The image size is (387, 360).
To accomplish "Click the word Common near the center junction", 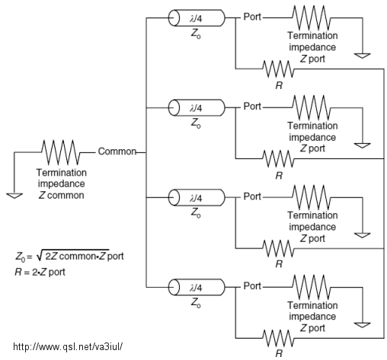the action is (117, 151).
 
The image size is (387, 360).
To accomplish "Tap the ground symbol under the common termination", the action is (14, 196).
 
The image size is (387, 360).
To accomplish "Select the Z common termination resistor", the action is (61, 152).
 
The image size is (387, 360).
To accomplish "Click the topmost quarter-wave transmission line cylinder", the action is (197, 18).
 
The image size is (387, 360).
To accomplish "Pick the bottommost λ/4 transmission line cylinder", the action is (197, 287).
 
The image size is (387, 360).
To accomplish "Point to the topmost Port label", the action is (252, 17).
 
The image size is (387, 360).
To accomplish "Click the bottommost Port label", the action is (252, 286).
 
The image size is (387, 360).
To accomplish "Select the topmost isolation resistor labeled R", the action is (278, 68).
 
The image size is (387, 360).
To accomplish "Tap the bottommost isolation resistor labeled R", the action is (278, 338).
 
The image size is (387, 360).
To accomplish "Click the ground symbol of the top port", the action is (363, 56).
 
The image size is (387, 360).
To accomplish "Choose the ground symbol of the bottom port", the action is (363, 325).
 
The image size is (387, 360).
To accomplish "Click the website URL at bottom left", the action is (68, 346).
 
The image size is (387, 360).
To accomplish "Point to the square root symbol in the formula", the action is (40, 256).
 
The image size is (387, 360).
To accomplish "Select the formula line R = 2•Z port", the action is (40, 272).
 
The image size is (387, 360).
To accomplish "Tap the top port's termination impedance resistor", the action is (312, 18).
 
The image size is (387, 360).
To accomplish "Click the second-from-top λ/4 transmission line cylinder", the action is (197, 108).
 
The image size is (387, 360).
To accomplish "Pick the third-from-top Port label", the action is (252, 196).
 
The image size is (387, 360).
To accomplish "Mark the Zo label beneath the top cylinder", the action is (196, 33).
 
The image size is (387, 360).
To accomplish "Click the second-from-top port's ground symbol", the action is (363, 145).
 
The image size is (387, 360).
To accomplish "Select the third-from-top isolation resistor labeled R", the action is (278, 248).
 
